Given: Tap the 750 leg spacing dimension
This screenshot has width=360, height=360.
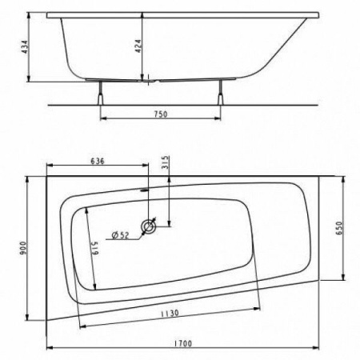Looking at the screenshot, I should tap(159, 114).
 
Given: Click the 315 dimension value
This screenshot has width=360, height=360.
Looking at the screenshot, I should tap(166, 162).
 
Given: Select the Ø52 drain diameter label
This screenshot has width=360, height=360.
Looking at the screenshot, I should tap(120, 234).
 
